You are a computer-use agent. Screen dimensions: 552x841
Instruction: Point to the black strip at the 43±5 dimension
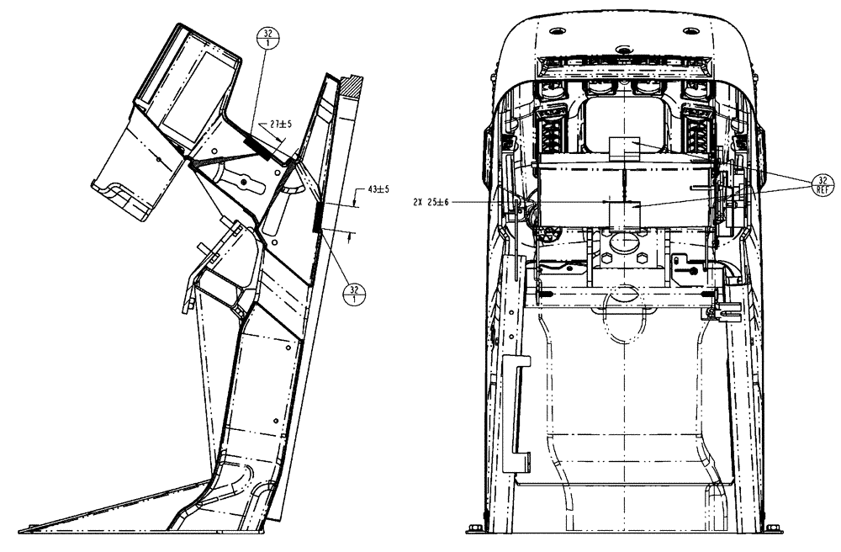coord(317,219)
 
